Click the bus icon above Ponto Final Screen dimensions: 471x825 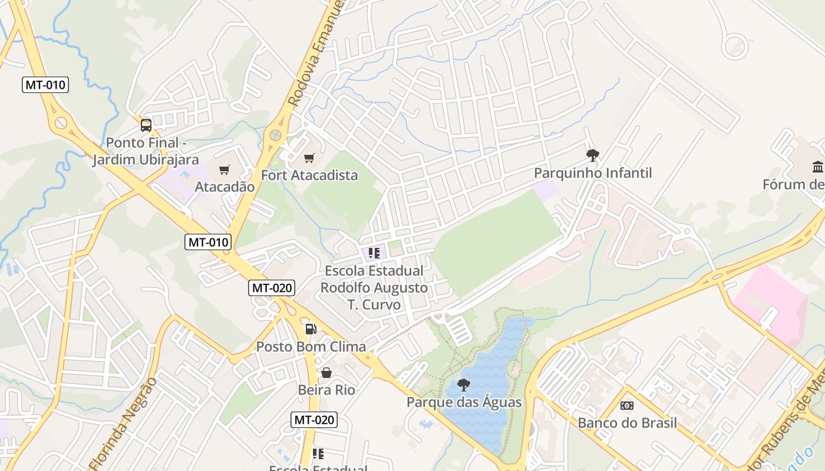point(146,125)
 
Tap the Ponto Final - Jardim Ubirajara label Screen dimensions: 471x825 point(146,151)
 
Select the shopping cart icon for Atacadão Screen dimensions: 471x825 point(224,170)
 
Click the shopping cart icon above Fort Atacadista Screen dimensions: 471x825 point(309,158)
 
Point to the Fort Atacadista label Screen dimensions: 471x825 point(309,175)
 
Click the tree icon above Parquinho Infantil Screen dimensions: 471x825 point(592,155)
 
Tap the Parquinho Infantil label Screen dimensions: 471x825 point(593,173)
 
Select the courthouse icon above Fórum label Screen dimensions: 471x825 point(817,167)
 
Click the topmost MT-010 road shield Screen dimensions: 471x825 point(46,85)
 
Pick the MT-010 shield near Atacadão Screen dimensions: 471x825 point(208,241)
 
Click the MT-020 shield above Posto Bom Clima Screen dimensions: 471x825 point(271,288)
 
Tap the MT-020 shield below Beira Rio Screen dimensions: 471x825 point(314,420)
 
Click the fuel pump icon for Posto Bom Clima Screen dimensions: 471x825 point(311,329)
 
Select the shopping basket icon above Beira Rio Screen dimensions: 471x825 point(326,373)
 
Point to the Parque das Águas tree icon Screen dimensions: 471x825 point(464,385)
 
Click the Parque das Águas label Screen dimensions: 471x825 point(464,403)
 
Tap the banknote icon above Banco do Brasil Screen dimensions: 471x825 point(626,406)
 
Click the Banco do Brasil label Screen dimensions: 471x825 point(627,423)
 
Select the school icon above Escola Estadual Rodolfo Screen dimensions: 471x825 point(374,253)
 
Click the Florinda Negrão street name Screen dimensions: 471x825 point(124,423)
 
